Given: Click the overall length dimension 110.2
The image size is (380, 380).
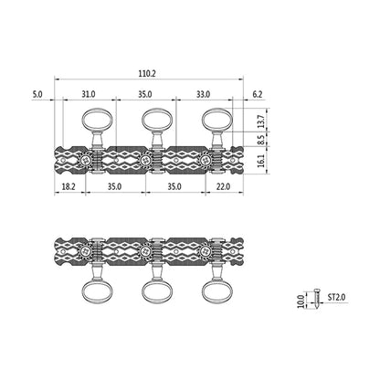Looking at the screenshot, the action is tap(148, 73).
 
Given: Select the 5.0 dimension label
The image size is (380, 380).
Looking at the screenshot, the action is tap(37, 94).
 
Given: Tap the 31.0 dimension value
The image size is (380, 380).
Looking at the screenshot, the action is tap(89, 94).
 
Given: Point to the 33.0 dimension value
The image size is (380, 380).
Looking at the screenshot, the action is tap(203, 94).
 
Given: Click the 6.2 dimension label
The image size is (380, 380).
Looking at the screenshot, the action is tap(258, 94).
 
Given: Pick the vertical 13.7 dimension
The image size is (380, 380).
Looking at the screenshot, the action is tap(261, 121).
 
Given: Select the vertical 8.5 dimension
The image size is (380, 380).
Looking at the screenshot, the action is tap(261, 140).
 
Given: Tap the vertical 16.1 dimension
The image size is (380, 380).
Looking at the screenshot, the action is tap(261, 160).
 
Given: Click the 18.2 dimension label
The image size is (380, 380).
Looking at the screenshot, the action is tap(69, 186).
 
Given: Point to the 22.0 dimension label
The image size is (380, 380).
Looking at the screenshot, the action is tap(223, 186).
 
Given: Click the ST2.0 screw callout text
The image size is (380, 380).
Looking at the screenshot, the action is tap(336, 297).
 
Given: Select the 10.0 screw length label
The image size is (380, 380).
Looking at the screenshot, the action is tap(301, 301).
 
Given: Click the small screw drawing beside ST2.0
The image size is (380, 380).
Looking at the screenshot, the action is tap(316, 298).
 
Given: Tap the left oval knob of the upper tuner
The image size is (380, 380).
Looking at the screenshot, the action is tap(98, 121).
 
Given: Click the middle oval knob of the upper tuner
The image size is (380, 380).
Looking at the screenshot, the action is tap(157, 121).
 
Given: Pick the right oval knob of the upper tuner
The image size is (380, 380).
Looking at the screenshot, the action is tap(217, 121).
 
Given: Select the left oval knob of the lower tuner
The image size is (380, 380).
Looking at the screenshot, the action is tap(98, 291).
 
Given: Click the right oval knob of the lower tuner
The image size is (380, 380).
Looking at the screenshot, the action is tap(217, 291).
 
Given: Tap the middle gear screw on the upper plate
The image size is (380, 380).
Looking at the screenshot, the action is tap(145, 160).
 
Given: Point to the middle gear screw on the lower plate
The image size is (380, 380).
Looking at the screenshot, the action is tap(145, 251).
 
